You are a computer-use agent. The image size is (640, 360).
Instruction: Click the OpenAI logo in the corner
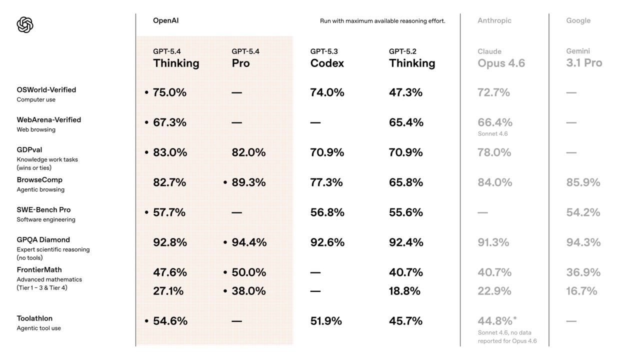(25, 24)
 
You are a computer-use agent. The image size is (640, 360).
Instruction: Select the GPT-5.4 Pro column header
(245, 58)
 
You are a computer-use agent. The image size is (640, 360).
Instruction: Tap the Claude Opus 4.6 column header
(501, 58)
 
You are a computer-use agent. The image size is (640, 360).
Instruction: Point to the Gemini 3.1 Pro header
(584, 58)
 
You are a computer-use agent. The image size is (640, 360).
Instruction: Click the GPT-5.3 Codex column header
(327, 58)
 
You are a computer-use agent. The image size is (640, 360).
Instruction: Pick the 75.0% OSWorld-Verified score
(169, 92)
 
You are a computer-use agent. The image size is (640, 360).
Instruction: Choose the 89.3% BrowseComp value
(248, 182)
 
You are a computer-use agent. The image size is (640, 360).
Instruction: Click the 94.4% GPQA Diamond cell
(249, 242)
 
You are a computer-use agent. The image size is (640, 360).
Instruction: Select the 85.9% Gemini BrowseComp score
(583, 182)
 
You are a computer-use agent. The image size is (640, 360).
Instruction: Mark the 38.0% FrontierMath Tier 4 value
(248, 291)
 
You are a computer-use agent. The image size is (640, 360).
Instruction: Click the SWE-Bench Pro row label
(43, 210)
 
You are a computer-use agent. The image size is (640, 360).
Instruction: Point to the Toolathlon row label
(34, 318)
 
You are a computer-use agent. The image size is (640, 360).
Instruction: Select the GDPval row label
(29, 150)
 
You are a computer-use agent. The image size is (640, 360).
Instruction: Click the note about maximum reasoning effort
(382, 21)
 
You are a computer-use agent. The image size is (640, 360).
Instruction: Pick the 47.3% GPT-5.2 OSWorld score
(405, 92)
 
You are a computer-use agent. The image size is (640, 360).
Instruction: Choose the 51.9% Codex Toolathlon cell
(326, 321)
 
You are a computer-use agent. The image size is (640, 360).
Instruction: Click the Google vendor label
(578, 20)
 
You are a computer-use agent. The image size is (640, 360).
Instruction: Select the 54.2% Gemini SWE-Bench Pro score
(583, 212)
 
